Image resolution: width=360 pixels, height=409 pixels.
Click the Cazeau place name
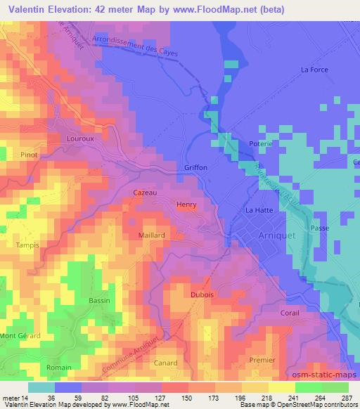[145, 192]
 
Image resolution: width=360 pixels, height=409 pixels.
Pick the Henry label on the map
[186, 204]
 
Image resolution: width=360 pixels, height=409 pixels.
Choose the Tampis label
[27, 245]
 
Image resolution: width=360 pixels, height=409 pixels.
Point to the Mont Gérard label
[20, 336]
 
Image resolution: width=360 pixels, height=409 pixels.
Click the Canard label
[165, 363]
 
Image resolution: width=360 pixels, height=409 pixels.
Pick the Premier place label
[262, 359]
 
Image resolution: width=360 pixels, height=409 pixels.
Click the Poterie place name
[261, 144]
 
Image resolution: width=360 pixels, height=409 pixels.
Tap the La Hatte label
[257, 210]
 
